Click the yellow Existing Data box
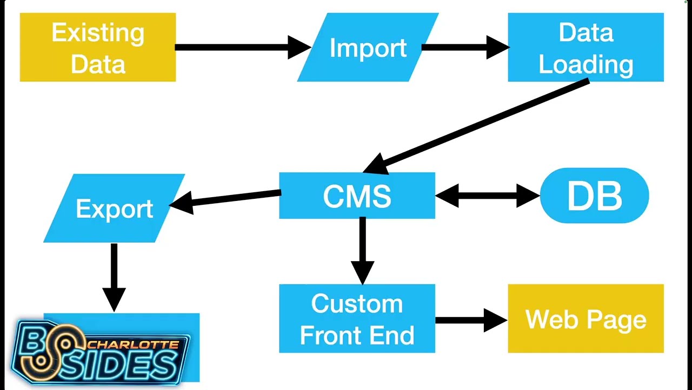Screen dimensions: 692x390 [98, 47]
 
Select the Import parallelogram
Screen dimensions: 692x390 [368, 47]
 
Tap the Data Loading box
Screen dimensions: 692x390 [585, 47]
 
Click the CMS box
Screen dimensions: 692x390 [357, 196]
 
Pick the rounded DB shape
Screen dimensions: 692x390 [594, 196]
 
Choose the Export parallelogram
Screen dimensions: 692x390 [114, 208]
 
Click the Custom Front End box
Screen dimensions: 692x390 [357, 318]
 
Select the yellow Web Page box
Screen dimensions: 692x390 [585, 318]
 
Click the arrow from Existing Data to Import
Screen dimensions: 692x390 [243, 47]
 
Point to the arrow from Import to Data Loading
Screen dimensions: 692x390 [465, 47]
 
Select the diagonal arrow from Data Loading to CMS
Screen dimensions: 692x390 [476, 126]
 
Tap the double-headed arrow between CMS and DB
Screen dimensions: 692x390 [488, 196]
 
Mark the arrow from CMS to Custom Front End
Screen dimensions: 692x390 [363, 251]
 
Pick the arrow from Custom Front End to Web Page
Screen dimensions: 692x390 [471, 320]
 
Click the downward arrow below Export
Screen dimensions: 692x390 [114, 278]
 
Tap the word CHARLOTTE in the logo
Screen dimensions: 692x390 [134, 344]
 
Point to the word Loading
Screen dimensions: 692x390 [585, 66]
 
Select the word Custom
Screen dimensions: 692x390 [357, 304]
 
